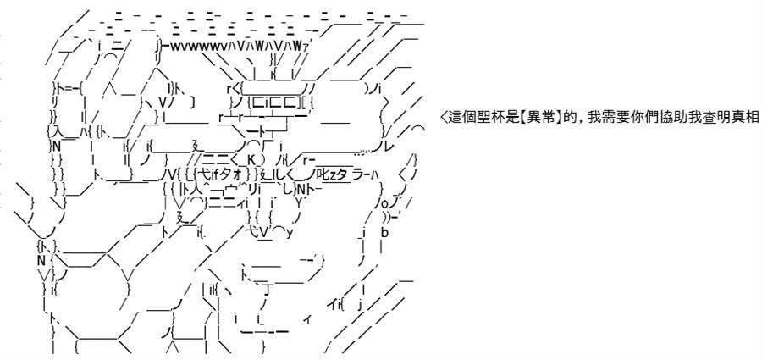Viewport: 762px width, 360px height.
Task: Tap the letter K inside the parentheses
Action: pyautogui.click(x=251, y=159)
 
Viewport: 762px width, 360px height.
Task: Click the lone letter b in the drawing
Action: pyautogui.click(x=384, y=233)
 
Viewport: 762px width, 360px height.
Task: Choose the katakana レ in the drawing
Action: pyautogui.click(x=389, y=146)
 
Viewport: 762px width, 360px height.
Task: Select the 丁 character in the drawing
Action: pyautogui.click(x=267, y=291)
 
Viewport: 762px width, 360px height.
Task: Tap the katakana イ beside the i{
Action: pyautogui.click(x=331, y=305)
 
